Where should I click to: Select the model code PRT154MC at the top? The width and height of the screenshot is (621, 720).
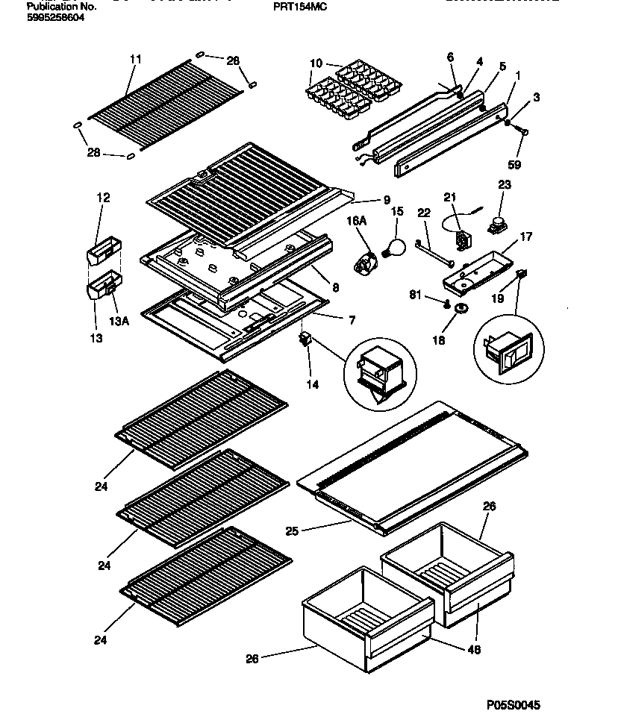pyautogui.click(x=301, y=6)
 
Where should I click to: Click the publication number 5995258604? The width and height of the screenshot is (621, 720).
pyautogui.click(x=55, y=16)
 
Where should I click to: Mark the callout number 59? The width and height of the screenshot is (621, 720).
pyautogui.click(x=514, y=165)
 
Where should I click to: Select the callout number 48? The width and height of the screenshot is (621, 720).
pyautogui.click(x=474, y=650)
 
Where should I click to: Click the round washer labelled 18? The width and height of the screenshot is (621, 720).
pyautogui.click(x=462, y=308)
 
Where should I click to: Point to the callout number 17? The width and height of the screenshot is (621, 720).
pyautogui.click(x=526, y=237)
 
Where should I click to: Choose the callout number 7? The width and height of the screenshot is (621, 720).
pyautogui.click(x=351, y=320)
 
